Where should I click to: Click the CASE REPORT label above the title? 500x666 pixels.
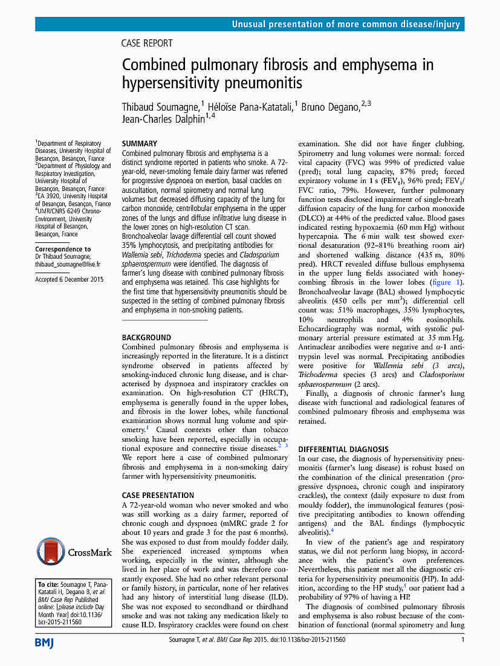pyautogui.click(x=147, y=44)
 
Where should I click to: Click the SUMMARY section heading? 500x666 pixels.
pyautogui.click(x=140, y=144)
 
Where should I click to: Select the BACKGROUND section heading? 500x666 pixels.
pyautogui.click(x=146, y=337)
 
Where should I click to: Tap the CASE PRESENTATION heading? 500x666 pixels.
pyautogui.click(x=158, y=495)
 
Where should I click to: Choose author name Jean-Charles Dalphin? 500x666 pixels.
pyautogui.click(x=163, y=119)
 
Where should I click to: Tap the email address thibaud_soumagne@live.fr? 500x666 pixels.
pyautogui.click(x=68, y=264)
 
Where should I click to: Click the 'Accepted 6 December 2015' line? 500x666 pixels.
pyautogui.click(x=70, y=280)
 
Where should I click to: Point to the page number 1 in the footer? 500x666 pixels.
pyautogui.click(x=463, y=639)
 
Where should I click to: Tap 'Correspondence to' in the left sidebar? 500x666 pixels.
pyautogui.click(x=63, y=249)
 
